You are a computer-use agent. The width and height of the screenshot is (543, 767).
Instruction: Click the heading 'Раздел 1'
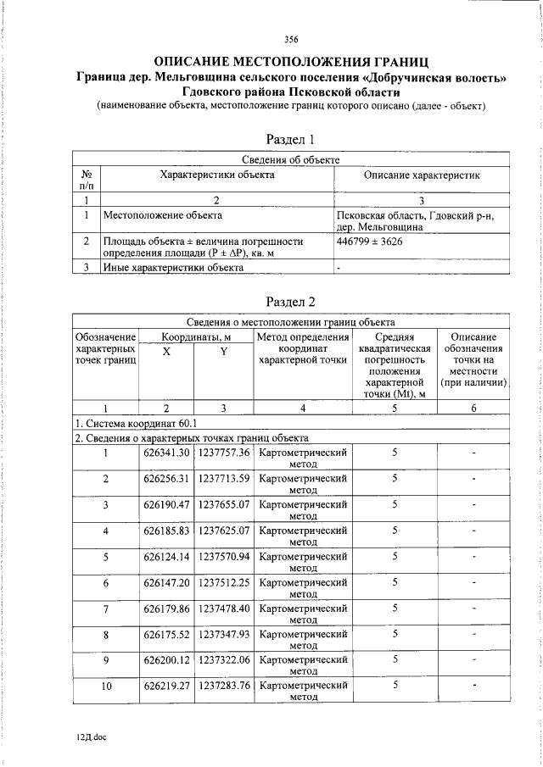[291, 139]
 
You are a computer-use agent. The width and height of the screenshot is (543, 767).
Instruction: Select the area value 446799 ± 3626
[370, 242]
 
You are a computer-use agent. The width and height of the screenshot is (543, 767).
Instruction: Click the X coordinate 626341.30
[166, 453]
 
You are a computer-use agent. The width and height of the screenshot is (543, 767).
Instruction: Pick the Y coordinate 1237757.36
[224, 453]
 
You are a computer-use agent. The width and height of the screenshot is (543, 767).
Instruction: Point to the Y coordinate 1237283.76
[224, 686]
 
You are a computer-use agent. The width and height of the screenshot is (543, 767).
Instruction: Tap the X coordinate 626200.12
[166, 659]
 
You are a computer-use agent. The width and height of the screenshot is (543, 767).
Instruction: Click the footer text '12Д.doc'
[90, 736]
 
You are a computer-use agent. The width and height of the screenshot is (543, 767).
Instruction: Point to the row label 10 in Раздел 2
[106, 686]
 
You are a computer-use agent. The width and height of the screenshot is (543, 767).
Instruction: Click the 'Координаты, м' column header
[195, 336]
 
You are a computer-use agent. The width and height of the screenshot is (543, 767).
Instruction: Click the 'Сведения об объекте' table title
[291, 158]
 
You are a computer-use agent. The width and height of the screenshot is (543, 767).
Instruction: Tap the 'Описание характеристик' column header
[422, 175]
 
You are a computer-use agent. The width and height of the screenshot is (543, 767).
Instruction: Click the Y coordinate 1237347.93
[224, 634]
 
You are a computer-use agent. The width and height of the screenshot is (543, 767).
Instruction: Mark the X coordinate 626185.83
[166, 531]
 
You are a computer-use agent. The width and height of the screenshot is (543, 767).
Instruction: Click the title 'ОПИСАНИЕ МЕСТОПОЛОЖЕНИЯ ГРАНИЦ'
[291, 61]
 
